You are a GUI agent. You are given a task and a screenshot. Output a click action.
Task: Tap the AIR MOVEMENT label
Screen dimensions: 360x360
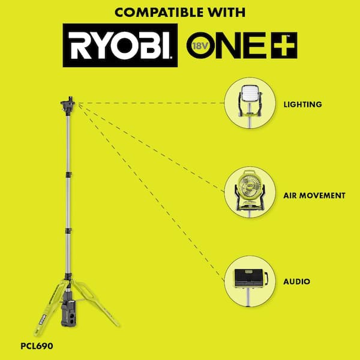314,196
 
